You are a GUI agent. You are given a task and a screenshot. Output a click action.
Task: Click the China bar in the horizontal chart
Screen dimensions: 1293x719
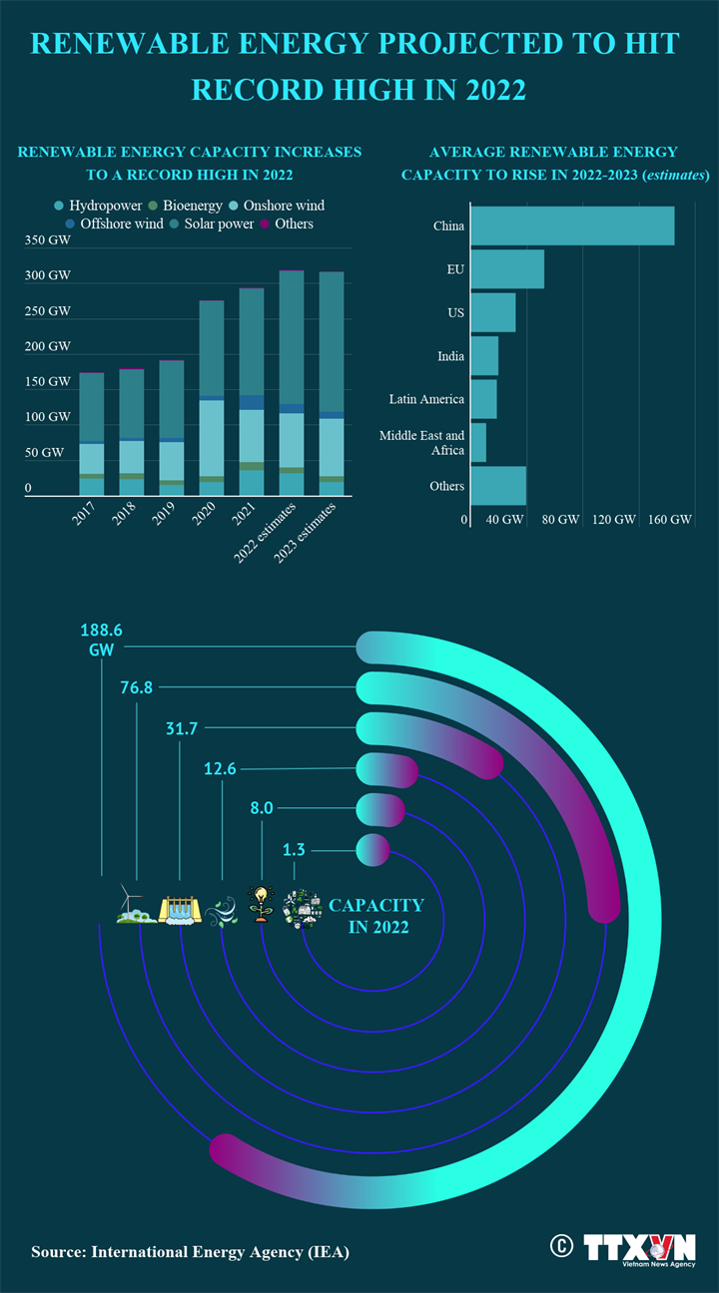click(x=571, y=225)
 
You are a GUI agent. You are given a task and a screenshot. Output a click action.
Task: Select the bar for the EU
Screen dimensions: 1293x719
click(x=506, y=269)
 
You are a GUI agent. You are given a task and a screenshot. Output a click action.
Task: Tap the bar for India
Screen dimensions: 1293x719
click(x=483, y=356)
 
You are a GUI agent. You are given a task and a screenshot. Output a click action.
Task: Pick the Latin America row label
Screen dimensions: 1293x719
click(x=426, y=399)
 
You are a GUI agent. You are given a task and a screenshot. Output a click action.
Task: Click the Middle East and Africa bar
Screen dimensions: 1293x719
click(x=477, y=443)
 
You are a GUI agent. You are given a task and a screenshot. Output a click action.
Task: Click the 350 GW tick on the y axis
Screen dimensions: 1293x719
click(x=47, y=240)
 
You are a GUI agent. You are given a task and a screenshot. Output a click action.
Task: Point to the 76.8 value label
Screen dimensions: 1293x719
click(x=136, y=687)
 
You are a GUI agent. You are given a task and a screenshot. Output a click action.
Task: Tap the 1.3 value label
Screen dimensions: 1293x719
click(x=294, y=850)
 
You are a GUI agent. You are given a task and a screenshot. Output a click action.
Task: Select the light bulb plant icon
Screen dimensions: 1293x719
click(x=261, y=904)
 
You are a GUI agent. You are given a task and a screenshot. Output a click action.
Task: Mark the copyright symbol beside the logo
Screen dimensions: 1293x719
click(x=561, y=1245)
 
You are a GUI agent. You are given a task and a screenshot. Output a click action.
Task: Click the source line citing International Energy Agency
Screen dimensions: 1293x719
click(x=190, y=1251)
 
